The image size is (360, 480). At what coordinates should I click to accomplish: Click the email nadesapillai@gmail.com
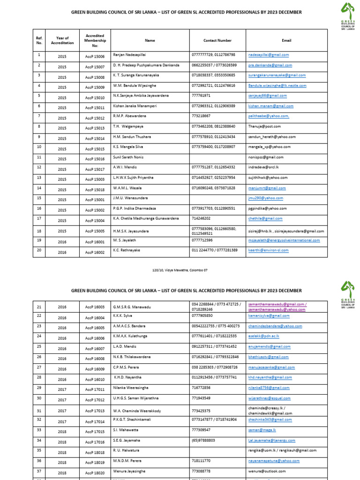click(268, 55)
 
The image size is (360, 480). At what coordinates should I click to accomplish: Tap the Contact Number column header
click(217, 41)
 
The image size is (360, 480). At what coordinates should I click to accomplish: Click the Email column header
click(286, 41)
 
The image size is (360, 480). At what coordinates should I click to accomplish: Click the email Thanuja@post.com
click(264, 126)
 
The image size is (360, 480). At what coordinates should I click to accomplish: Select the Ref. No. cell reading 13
click(39, 178)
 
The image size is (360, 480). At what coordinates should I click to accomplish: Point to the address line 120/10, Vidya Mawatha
click(180, 270)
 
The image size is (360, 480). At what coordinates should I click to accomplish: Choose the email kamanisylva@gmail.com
click(270, 316)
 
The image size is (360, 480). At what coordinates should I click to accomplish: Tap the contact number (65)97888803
click(208, 440)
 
